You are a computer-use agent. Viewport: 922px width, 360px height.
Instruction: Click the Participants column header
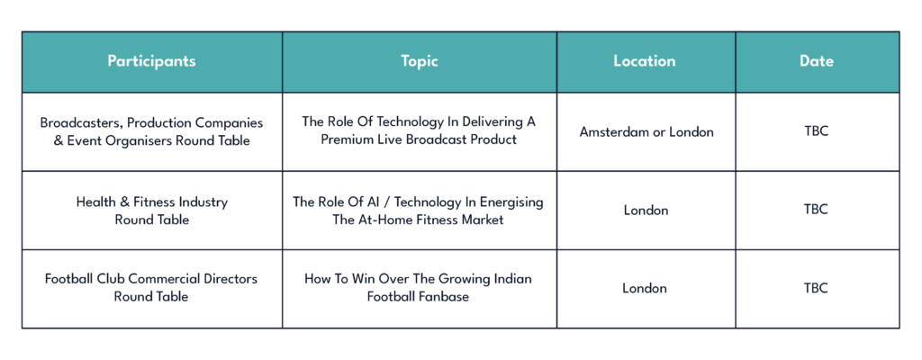point(151,61)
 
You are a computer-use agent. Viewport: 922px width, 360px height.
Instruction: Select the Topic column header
point(420,61)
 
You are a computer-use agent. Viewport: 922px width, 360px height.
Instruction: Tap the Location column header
point(645,61)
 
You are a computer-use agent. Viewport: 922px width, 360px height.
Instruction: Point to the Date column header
point(816,61)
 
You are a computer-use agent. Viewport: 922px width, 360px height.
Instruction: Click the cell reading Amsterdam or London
point(646,131)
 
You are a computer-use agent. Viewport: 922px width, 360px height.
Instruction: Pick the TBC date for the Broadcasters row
point(816,131)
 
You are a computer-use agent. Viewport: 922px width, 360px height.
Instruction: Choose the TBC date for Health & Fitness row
point(816,210)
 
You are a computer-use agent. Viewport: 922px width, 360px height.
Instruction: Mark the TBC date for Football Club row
point(816,288)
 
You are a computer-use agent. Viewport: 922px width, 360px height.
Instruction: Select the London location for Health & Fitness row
point(646,210)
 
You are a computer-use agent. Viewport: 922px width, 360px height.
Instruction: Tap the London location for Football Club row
point(645,288)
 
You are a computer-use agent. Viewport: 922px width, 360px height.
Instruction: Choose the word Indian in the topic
point(511,278)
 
